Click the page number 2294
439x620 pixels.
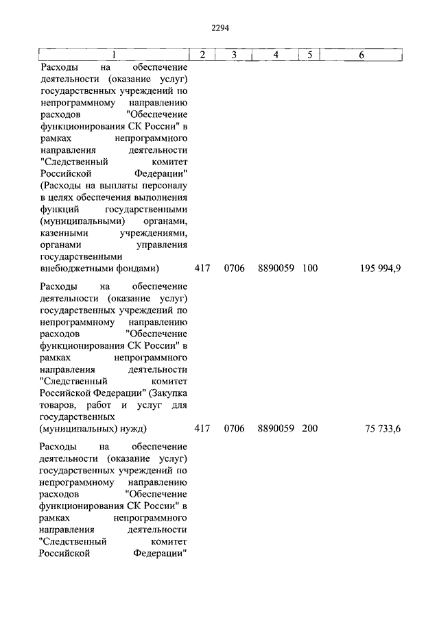click(219, 27)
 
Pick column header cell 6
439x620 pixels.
click(361, 55)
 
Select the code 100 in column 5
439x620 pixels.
click(309, 268)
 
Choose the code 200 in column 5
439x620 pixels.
click(309, 429)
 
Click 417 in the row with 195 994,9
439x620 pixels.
click(202, 268)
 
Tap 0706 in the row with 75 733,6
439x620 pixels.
click(234, 429)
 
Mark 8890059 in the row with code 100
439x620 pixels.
click(276, 268)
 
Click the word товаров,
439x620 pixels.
click(60, 404)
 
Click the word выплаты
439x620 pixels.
click(117, 186)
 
